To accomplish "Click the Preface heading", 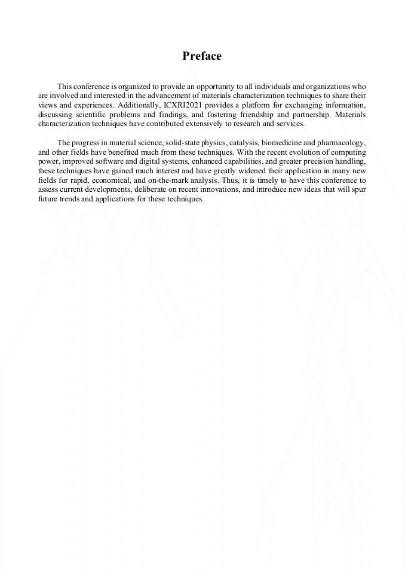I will pos(202,56).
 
